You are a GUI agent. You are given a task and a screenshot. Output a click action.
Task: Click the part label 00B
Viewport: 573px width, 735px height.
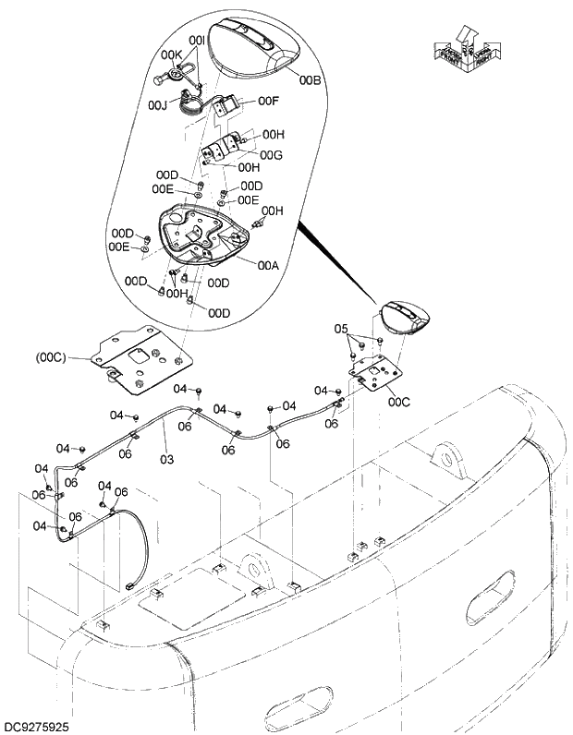310,80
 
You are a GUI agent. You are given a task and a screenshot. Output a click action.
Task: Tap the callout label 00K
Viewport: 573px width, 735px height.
173,54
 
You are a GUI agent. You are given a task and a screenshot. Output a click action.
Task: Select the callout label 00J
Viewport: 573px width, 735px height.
157,106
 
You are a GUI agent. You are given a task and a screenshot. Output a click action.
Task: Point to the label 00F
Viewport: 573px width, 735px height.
267,101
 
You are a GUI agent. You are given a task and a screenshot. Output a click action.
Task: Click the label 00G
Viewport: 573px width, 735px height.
271,154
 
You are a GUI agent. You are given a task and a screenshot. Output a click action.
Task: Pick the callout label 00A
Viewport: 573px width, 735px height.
268,264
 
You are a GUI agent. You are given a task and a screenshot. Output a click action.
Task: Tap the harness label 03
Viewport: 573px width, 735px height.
167,459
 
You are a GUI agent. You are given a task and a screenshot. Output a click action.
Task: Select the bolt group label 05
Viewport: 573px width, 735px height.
340,329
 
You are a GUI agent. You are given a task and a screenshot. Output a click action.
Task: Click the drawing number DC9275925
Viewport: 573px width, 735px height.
36,728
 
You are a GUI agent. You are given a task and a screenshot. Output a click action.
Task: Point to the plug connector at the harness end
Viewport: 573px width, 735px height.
128,585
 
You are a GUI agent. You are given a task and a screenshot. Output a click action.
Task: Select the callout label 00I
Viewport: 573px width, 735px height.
197,41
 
